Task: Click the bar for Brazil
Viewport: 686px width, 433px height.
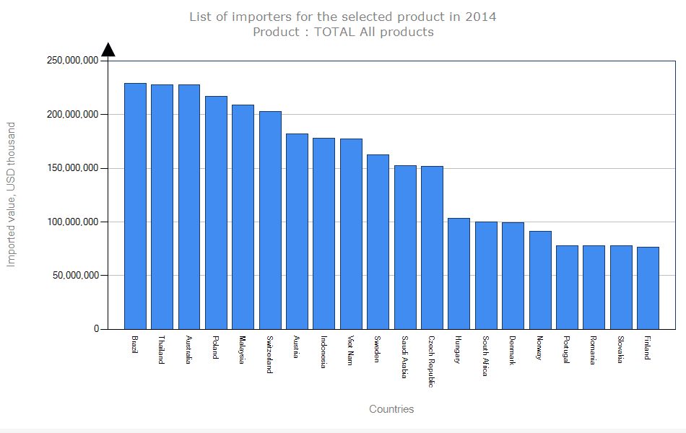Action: click(135, 206)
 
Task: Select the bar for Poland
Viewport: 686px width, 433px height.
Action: click(216, 212)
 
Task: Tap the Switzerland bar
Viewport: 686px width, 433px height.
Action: click(270, 220)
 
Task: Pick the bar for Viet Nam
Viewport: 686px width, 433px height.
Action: click(351, 234)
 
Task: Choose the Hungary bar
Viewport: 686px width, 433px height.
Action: click(459, 274)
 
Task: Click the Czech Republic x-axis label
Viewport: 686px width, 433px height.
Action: click(431, 361)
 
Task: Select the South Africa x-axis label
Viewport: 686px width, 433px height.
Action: click(485, 356)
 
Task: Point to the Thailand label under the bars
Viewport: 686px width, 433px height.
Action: click(162, 350)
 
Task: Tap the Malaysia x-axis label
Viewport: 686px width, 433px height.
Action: click(243, 350)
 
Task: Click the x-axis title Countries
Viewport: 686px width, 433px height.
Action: click(391, 409)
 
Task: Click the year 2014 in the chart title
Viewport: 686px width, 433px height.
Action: click(481, 16)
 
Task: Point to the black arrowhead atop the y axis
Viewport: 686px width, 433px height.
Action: click(108, 49)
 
